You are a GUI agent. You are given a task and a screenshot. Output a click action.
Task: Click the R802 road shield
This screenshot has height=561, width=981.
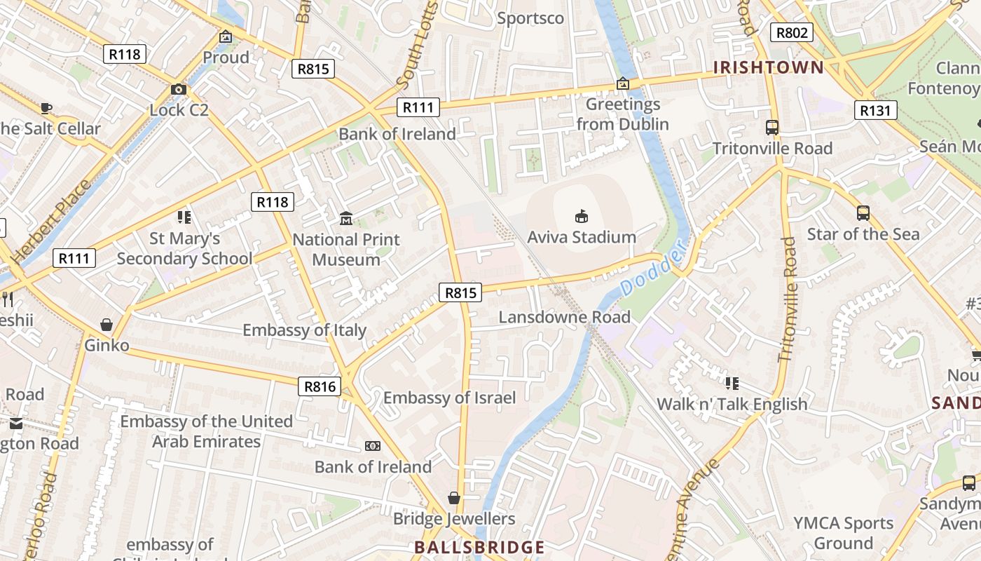click(792, 32)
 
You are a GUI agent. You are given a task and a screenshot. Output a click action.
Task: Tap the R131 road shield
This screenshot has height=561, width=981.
click(876, 110)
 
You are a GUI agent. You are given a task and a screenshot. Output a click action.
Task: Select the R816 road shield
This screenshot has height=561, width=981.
click(320, 386)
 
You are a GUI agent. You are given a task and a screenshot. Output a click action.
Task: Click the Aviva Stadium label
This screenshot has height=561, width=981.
click(582, 237)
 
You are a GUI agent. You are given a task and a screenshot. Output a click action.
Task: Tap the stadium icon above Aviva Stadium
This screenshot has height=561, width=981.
click(581, 216)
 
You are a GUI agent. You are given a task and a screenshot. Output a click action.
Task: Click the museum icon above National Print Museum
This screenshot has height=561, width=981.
click(346, 219)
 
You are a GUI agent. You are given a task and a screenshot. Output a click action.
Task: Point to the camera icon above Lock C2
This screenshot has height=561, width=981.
click(179, 90)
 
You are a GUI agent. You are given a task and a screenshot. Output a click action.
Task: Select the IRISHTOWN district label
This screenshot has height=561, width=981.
click(768, 68)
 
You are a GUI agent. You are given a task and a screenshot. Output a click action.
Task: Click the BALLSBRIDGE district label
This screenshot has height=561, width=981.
click(479, 547)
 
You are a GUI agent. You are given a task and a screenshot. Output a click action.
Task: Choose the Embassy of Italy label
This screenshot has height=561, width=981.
click(304, 330)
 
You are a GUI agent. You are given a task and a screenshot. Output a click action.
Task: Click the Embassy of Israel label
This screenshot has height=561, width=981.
click(449, 398)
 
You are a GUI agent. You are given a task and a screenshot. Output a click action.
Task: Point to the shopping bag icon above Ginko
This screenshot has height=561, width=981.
click(107, 325)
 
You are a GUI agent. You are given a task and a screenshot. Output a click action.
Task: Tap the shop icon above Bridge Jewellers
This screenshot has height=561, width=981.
click(454, 498)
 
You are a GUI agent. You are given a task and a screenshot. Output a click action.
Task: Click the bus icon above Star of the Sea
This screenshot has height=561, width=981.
click(863, 213)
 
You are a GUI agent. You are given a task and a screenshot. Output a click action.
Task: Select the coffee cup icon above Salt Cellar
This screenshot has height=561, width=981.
click(46, 108)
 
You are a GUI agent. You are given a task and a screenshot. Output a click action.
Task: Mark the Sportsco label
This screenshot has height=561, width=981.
click(530, 18)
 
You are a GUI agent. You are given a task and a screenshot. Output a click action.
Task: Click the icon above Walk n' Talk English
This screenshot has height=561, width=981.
click(732, 383)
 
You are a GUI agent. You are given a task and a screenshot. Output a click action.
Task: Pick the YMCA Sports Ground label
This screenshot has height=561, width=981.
click(844, 533)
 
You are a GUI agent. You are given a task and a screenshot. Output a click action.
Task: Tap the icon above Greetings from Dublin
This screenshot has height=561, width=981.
click(622, 84)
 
